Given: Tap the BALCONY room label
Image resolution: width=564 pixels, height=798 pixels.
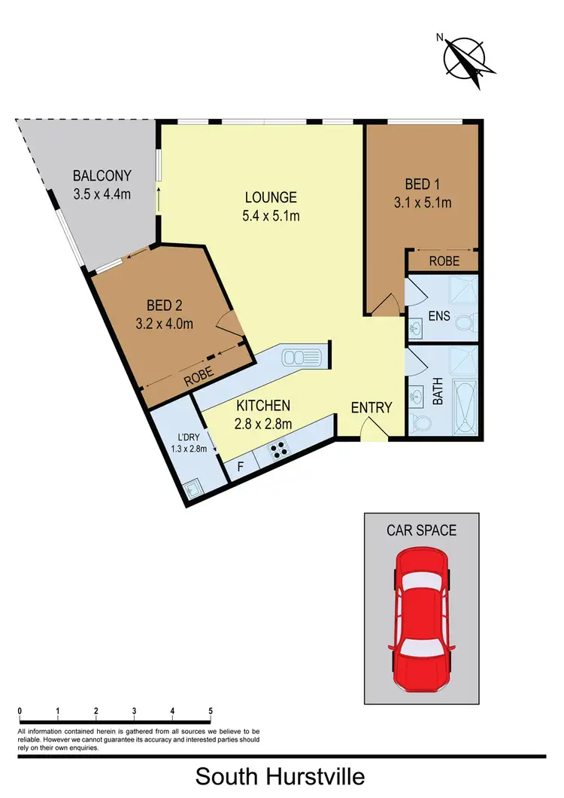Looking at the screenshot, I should coord(102,176).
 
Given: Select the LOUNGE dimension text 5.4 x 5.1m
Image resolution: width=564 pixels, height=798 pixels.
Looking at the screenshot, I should coord(271,217).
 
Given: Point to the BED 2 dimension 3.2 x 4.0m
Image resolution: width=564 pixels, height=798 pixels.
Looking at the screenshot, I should coord(165,324).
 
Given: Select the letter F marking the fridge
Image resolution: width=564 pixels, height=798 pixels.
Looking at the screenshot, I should coord(240,467).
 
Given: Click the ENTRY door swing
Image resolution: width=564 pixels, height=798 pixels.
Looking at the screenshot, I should coord(372,430).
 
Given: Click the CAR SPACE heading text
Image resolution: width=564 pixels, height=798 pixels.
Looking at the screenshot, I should coord(421,530).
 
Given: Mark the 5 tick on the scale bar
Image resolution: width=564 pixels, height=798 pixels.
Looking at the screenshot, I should coord(211,711).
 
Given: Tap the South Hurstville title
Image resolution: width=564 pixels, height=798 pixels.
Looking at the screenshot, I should coord(281,775).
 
